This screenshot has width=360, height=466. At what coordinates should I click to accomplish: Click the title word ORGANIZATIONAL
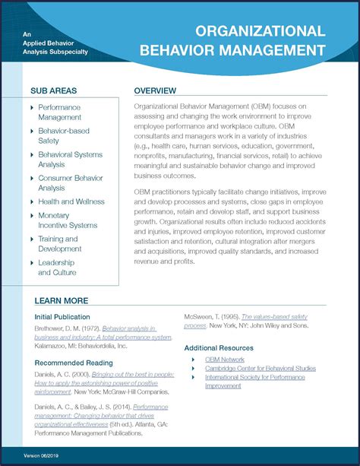point(261,32)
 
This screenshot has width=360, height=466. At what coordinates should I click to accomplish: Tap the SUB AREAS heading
point(53,90)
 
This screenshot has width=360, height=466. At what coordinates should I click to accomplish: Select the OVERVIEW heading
point(155,90)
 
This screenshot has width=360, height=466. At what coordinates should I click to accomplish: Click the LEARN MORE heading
point(61,300)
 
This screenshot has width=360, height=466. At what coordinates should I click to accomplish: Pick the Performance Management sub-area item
point(60,113)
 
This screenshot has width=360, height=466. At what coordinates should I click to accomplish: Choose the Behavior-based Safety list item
point(64,135)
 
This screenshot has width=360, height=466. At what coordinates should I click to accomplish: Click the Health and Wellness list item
point(71,201)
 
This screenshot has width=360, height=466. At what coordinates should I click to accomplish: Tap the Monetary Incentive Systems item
point(68,220)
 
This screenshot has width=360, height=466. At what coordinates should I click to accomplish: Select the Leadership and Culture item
point(57,268)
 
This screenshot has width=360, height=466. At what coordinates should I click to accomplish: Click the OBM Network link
point(225,360)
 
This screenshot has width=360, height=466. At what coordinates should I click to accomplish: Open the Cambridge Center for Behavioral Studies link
point(261,368)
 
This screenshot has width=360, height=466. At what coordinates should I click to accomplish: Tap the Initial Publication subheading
point(62,317)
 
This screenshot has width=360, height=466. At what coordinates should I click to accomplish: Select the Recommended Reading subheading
point(74,363)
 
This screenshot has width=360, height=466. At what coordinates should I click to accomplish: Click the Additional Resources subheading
point(223,347)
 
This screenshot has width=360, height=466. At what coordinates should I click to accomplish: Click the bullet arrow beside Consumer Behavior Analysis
point(32,179)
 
